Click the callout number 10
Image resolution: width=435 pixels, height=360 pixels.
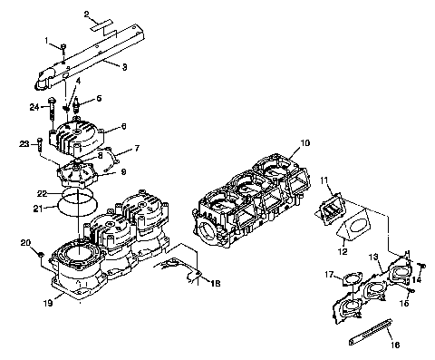click(x=305, y=143)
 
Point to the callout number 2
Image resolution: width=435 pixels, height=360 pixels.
click(x=87, y=15)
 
